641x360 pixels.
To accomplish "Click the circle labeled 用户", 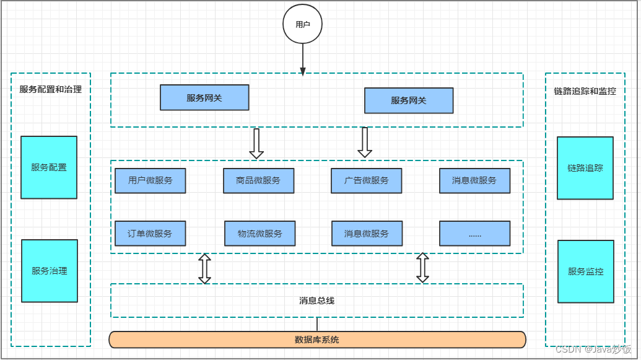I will [x=302, y=24].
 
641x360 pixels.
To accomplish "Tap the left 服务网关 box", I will [x=204, y=98].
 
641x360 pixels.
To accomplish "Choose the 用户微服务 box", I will [x=150, y=181].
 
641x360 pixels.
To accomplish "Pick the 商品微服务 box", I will [x=258, y=181].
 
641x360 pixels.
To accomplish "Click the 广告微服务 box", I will [x=367, y=181].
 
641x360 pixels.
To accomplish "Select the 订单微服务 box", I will [x=150, y=234].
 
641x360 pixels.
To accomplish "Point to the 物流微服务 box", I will [x=259, y=234].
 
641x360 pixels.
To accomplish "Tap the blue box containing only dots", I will [x=475, y=234].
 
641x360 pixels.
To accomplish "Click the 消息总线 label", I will [x=316, y=301].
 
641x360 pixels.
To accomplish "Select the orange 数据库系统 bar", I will [x=317, y=340].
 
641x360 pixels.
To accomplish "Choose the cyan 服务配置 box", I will [x=49, y=167].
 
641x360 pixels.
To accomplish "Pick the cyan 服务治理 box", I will [x=50, y=271].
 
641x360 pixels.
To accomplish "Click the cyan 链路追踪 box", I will [x=585, y=168].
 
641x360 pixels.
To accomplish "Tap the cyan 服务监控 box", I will [x=586, y=271].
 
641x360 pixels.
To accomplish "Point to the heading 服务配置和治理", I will [x=51, y=89].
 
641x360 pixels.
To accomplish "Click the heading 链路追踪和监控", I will [x=585, y=91].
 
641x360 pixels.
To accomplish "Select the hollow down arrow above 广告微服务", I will [x=365, y=143].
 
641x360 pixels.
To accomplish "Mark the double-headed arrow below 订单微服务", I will [x=204, y=268].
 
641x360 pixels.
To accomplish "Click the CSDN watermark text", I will [x=594, y=349].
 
